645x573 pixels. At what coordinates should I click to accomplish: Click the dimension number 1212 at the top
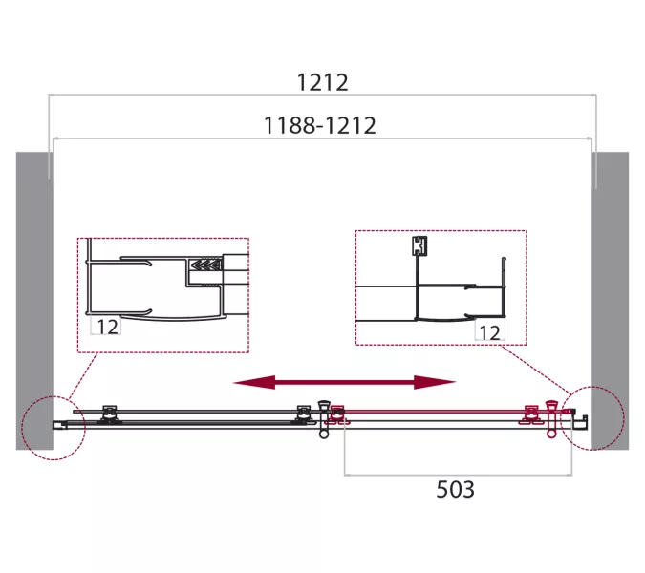point(323,83)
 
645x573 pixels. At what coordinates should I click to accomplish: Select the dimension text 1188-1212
point(319,125)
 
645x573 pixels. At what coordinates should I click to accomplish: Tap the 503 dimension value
point(455,490)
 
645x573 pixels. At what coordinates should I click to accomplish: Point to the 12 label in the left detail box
point(107,327)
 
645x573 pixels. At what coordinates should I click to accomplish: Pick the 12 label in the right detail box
point(489,333)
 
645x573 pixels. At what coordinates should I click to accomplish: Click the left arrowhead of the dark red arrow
point(253,382)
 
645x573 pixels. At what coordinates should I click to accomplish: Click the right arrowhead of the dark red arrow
point(435,382)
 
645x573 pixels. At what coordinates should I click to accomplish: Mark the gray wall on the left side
point(34,301)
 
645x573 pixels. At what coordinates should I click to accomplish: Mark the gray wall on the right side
point(610,301)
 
